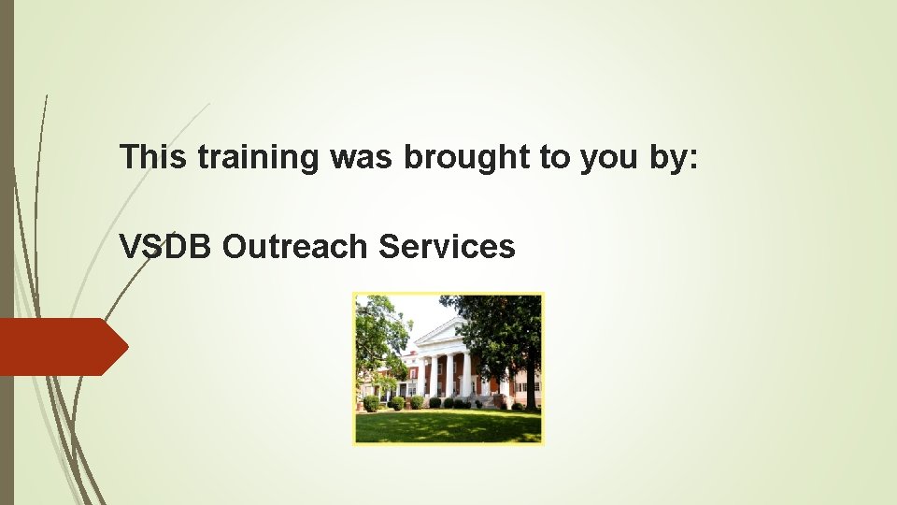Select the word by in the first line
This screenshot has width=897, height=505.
(x=670, y=158)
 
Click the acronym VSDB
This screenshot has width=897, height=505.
(x=167, y=246)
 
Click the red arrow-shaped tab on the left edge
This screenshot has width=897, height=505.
(x=62, y=347)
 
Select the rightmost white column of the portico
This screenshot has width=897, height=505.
(x=467, y=374)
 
